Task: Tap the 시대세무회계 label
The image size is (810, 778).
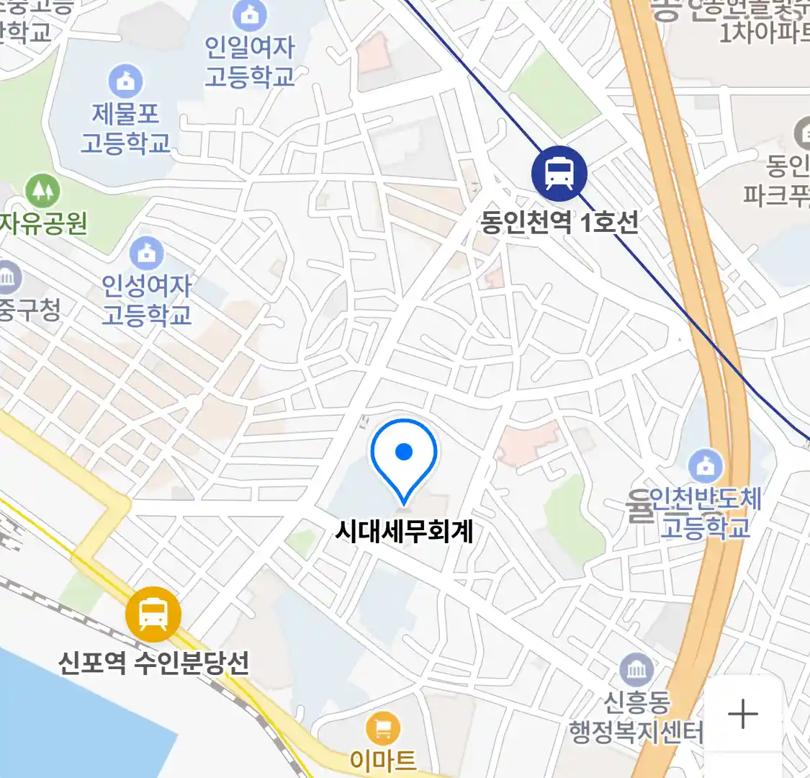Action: (x=404, y=532)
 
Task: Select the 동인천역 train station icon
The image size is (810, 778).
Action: (x=559, y=174)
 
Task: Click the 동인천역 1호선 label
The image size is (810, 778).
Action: (x=559, y=222)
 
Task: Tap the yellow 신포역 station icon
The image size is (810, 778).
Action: (x=153, y=614)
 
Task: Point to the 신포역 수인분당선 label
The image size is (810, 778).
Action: (x=153, y=663)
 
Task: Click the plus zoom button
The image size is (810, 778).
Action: (x=743, y=714)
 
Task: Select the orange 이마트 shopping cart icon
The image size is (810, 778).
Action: (x=383, y=729)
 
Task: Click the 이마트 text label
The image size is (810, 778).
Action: (x=383, y=760)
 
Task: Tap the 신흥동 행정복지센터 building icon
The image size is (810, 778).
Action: (x=636, y=671)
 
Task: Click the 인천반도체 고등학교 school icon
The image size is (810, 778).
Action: (x=705, y=467)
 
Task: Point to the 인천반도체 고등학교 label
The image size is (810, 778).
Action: (x=705, y=513)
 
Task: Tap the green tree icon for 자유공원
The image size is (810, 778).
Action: (x=42, y=191)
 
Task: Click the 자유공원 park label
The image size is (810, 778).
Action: (x=43, y=223)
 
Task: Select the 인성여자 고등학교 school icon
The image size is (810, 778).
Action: (x=147, y=253)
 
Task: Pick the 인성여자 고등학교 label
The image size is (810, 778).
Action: (x=147, y=300)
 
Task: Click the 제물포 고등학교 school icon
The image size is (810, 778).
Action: (x=125, y=81)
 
